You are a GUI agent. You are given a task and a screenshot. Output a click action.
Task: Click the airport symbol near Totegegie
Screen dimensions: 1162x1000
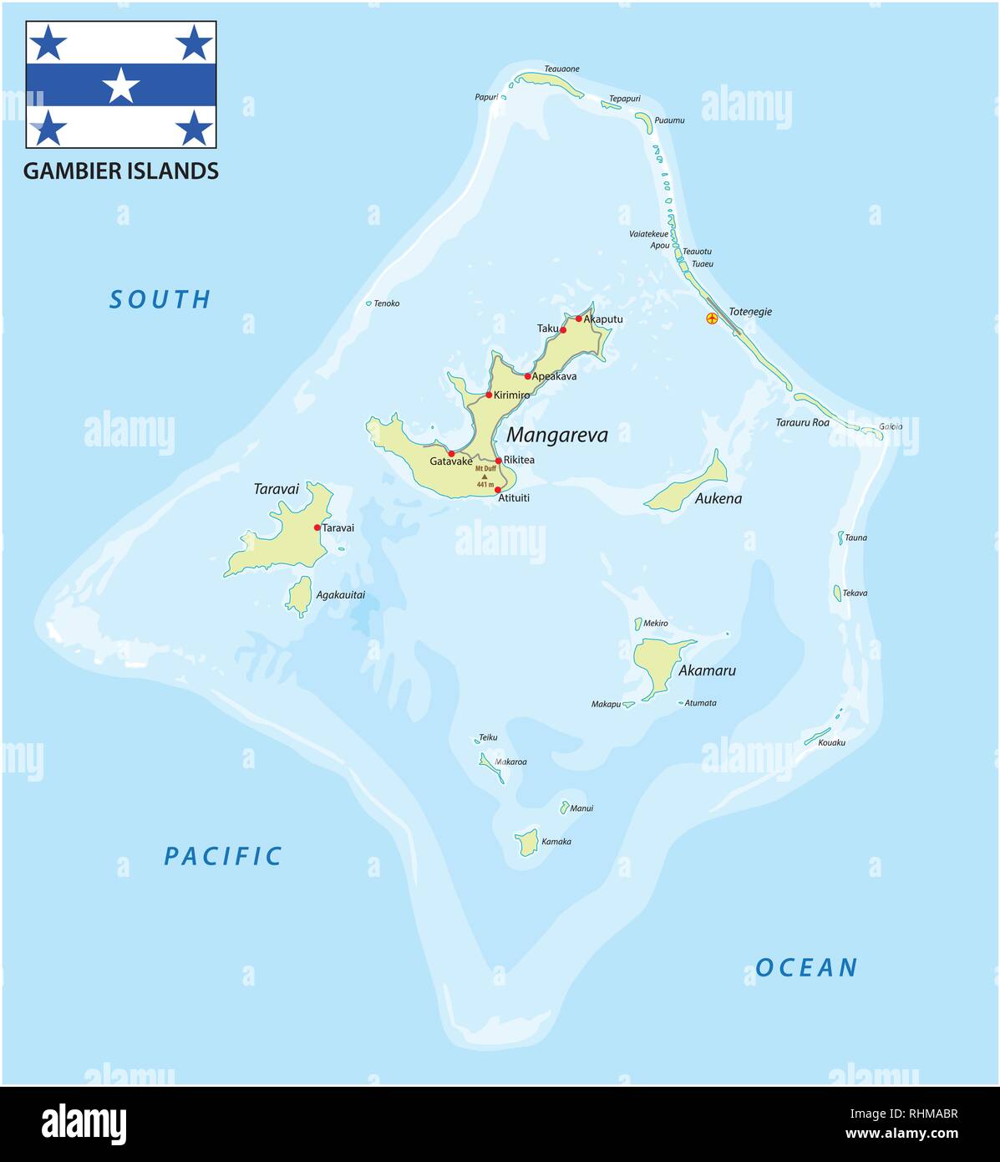712,319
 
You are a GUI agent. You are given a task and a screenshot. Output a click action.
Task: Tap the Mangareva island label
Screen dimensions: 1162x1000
557,435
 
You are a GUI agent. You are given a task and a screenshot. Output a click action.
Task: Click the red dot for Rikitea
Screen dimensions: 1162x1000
498,461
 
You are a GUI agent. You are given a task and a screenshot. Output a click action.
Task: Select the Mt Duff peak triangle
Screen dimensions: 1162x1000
485,477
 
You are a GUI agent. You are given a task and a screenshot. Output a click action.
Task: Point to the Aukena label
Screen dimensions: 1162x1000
718,499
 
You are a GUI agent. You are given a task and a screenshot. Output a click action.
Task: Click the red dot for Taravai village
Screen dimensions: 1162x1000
317,527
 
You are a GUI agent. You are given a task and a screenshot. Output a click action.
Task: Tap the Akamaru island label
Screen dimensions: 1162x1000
707,670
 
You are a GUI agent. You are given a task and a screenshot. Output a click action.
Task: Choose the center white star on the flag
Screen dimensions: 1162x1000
122,85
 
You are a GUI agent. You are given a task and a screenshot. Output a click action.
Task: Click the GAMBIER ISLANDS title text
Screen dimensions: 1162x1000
121,171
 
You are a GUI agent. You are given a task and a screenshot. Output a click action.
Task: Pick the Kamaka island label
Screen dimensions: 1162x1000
556,842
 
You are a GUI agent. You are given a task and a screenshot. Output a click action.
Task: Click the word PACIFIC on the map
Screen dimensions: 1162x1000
223,856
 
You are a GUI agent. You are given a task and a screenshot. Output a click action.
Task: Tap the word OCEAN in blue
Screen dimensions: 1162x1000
806,968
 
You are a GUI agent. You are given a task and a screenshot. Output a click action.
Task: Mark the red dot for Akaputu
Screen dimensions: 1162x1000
578,319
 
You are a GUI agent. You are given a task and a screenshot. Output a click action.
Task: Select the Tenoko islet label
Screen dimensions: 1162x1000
387,303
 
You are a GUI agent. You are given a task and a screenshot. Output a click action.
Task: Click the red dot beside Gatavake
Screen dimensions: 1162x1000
451,454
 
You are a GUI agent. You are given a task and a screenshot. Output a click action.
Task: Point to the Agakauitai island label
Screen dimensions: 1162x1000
341,595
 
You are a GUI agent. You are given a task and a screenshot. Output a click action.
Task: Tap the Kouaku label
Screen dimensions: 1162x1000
832,742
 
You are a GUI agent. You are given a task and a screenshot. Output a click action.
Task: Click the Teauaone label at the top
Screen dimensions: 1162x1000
561,69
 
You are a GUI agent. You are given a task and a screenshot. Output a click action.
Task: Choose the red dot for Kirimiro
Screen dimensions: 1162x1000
489,395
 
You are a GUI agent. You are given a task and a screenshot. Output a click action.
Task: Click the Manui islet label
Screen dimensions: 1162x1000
581,808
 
